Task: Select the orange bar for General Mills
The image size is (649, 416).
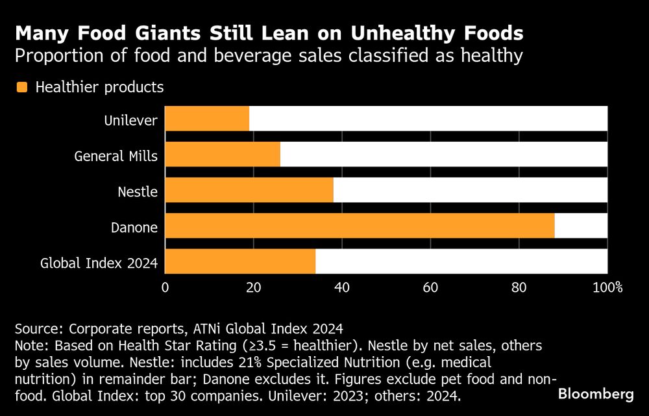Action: click(x=223, y=155)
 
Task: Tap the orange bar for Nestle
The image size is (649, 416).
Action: click(x=249, y=191)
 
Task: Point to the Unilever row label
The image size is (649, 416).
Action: click(x=130, y=120)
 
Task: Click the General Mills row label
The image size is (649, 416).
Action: click(x=116, y=156)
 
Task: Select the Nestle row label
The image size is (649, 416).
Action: click(x=138, y=192)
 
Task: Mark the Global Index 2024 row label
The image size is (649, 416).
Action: click(x=99, y=263)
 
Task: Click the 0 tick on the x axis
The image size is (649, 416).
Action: click(x=165, y=287)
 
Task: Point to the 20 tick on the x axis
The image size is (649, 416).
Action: click(x=254, y=287)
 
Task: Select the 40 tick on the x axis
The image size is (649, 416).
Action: click(x=342, y=287)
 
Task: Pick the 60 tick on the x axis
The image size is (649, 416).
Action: click(x=431, y=287)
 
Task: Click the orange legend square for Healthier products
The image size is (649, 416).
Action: click(x=21, y=87)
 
